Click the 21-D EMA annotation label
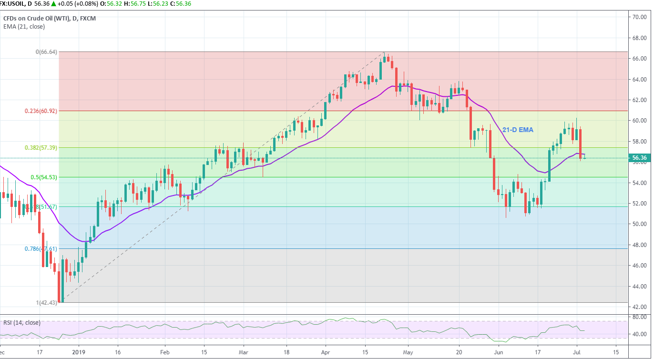[x=518, y=130]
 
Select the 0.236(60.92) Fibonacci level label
[x=41, y=111]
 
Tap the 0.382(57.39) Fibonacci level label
[x=41, y=148]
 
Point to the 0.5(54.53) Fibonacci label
[x=44, y=177]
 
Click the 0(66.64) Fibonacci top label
[x=47, y=52]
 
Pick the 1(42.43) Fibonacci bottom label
[x=47, y=303]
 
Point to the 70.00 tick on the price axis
[x=639, y=17]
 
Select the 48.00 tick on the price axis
[x=639, y=245]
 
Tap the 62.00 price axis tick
[x=639, y=100]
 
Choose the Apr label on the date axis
[x=326, y=353]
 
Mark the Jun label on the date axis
[x=498, y=353]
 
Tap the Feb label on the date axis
[x=165, y=353]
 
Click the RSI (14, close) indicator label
[x=22, y=323]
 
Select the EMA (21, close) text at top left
[x=24, y=27]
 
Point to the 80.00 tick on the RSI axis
[x=639, y=317]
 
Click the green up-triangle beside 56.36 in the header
[x=54, y=4]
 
